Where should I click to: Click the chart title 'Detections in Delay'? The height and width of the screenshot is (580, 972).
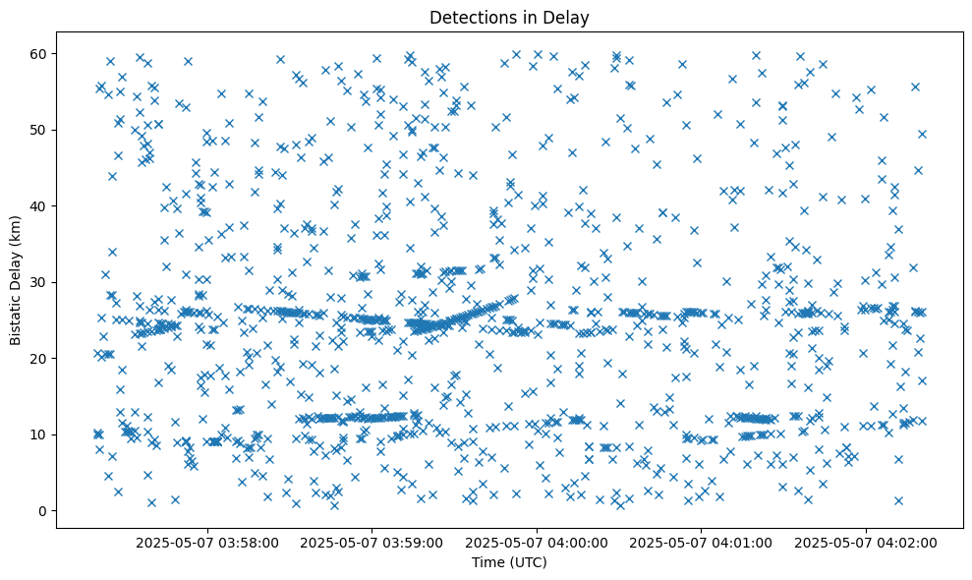coord(509,17)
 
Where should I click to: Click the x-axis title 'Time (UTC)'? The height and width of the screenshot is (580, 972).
coord(509,562)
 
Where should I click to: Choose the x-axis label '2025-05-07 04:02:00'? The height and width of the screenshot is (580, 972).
coord(867,542)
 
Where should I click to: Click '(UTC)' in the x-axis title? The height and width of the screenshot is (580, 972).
coord(527,562)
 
